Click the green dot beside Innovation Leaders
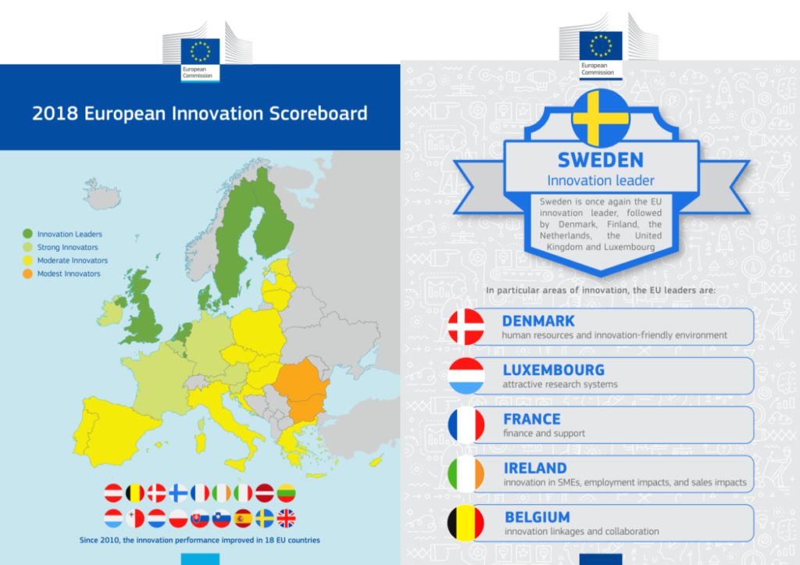pyautogui.click(x=27, y=234)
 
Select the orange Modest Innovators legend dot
pyautogui.click(x=27, y=274)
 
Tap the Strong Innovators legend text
pyautogui.click(x=67, y=247)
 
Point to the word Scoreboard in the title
pyautogui.click(x=318, y=113)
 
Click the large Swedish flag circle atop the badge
pyautogui.click(x=601, y=118)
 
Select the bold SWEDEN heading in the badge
pyautogui.click(x=601, y=159)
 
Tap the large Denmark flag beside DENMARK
pyautogui.click(x=466, y=327)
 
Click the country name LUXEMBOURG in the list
pyautogui.click(x=554, y=370)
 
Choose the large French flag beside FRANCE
pyautogui.click(x=466, y=425)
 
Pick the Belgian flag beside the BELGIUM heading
pyautogui.click(x=466, y=523)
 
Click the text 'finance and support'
pyautogui.click(x=544, y=433)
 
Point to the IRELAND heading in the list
pyautogui.click(x=534, y=468)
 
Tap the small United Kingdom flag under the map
pyautogui.click(x=286, y=519)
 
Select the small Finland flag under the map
pyautogui.click(x=178, y=493)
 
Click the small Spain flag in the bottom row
pyautogui.click(x=244, y=519)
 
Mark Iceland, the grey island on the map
pyautogui.click(x=102, y=194)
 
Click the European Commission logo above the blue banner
pyautogui.click(x=200, y=59)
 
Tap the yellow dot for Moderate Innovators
pyautogui.click(x=27, y=260)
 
